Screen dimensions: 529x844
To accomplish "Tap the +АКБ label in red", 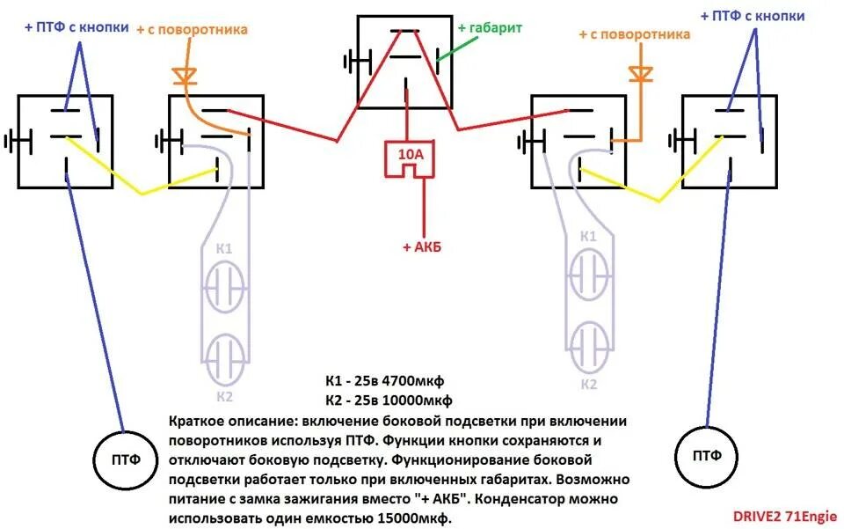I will pyautogui.click(x=422, y=247).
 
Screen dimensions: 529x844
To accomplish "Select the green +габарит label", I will pyautogui.click(x=490, y=27).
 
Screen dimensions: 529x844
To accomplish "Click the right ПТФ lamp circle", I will pyautogui.click(x=706, y=455).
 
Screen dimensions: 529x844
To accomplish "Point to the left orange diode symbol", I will pyautogui.click(x=185, y=76).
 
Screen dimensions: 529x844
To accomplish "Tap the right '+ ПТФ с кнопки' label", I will pyautogui.click(x=753, y=15).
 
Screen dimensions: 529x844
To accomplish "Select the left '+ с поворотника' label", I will pyautogui.click(x=192, y=29).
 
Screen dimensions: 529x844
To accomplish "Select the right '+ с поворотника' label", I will pyautogui.click(x=634, y=34).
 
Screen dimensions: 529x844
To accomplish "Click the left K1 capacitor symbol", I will pyautogui.click(x=224, y=285).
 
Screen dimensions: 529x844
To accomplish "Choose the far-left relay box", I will pyautogui.click(x=67, y=141).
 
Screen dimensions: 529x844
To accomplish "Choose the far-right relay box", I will pyautogui.click(x=730, y=141).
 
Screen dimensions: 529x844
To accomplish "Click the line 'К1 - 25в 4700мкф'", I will pyautogui.click(x=385, y=381).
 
